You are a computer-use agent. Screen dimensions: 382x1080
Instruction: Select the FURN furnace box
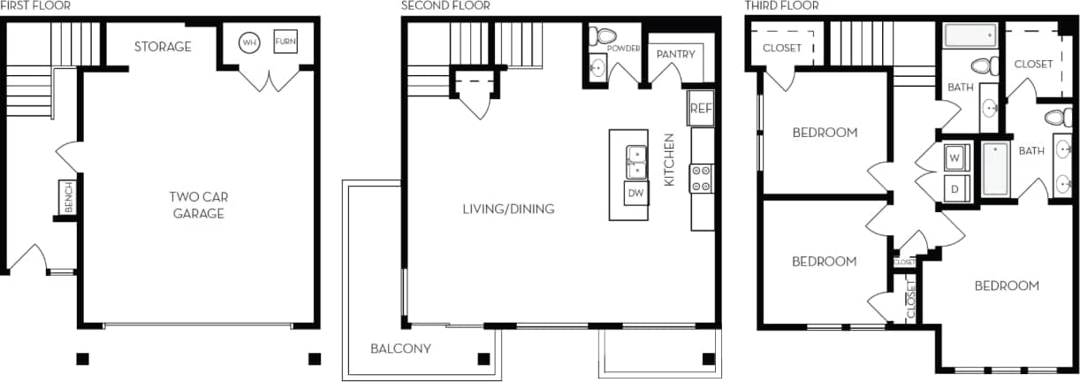(x=285, y=42)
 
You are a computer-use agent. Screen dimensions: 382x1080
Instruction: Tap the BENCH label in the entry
(x=67, y=197)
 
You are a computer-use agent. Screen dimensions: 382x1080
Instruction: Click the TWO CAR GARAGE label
(x=199, y=204)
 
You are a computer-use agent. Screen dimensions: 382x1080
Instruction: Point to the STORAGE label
(x=163, y=46)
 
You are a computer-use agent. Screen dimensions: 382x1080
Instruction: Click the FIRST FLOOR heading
(x=35, y=6)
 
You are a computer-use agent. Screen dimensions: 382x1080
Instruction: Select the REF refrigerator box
(x=701, y=108)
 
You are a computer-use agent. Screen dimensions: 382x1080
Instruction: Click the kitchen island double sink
(x=636, y=163)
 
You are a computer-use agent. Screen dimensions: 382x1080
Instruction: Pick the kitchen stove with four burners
(x=702, y=178)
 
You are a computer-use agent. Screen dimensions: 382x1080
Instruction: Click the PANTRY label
(x=676, y=54)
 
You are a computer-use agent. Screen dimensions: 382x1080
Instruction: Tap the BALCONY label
(x=401, y=348)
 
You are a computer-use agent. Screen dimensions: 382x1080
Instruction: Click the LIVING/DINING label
(x=508, y=209)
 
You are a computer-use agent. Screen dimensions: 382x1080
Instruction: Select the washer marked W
(x=955, y=158)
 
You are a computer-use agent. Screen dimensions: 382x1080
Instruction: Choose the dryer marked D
(x=955, y=187)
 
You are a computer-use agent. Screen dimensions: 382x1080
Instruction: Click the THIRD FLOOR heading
(x=781, y=6)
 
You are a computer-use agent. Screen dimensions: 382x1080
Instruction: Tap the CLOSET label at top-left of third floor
(x=781, y=48)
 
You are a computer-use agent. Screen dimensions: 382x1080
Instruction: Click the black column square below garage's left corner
(x=82, y=359)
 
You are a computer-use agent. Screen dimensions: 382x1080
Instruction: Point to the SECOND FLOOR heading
(x=445, y=6)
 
